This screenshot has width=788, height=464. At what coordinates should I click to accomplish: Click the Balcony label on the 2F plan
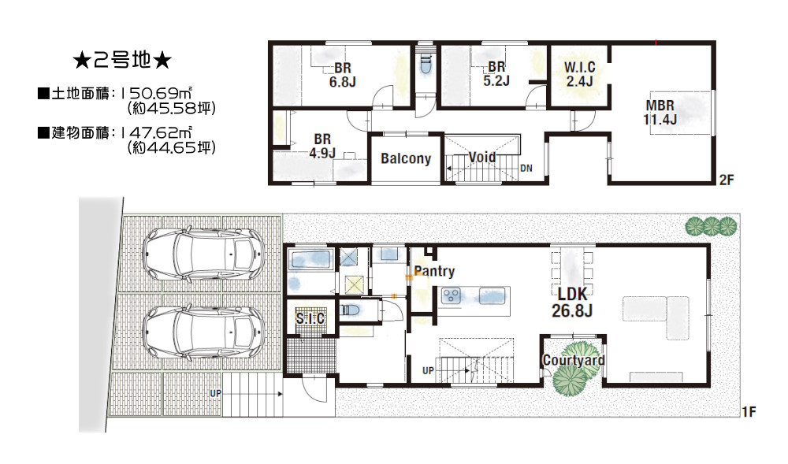pyautogui.click(x=406, y=158)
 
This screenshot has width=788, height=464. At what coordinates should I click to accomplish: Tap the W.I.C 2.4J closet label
pyautogui.click(x=579, y=74)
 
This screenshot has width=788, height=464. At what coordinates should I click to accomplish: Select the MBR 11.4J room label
pyautogui.click(x=660, y=113)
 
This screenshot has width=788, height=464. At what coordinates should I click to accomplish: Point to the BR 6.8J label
pyautogui.click(x=343, y=75)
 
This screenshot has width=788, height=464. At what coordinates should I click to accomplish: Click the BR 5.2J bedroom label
pyautogui.click(x=496, y=73)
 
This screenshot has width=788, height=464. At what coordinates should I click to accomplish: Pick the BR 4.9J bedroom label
pyautogui.click(x=322, y=146)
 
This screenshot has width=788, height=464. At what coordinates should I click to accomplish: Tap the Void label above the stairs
pyautogui.click(x=482, y=158)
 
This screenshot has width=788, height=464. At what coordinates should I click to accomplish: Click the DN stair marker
pyautogui.click(x=526, y=169)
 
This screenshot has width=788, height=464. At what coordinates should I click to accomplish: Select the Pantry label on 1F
pyautogui.click(x=434, y=272)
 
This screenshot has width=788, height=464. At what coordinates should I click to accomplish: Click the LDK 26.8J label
pyautogui.click(x=572, y=303)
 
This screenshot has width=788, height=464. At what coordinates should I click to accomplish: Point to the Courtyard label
pyautogui.click(x=574, y=360)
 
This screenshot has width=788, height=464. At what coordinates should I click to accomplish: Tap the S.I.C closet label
pyautogui.click(x=310, y=318)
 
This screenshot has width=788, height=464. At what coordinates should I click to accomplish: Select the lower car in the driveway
pyautogui.click(x=203, y=332)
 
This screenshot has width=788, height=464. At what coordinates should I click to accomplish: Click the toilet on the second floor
pyautogui.click(x=426, y=63)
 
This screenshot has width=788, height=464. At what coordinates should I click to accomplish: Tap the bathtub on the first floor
pyautogui.click(x=310, y=260)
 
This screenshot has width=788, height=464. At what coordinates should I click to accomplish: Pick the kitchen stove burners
pyautogui.click(x=451, y=295)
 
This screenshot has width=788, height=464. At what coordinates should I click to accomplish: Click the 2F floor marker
pyautogui.click(x=727, y=180)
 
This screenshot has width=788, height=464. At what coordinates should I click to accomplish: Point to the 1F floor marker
pyautogui.click(x=749, y=412)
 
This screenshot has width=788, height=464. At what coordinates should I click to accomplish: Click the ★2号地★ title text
pyautogui.click(x=122, y=61)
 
